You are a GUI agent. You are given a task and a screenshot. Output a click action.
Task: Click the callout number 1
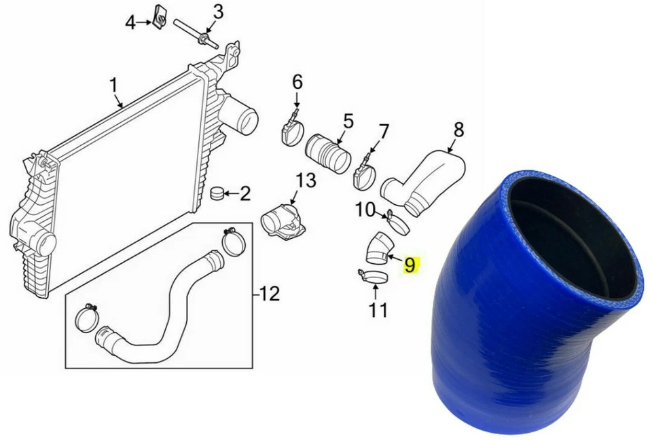[x=113, y=85]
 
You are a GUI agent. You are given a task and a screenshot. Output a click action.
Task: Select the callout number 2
[x=244, y=194]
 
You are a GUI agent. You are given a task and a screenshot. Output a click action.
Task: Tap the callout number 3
[x=218, y=12]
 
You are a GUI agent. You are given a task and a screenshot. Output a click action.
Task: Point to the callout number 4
[x=130, y=24]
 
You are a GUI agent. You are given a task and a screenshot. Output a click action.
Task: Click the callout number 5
[x=348, y=121]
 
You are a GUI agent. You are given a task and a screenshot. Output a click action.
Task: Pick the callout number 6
[x=297, y=82]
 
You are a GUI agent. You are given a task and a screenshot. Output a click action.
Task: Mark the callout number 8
[x=458, y=128]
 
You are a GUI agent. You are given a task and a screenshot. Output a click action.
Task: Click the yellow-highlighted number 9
[x=410, y=264]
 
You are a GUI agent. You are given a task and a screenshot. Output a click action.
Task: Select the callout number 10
[x=365, y=210]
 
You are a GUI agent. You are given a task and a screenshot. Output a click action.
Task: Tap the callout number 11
[x=378, y=310]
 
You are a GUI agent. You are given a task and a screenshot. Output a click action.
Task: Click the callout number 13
[x=306, y=180]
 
